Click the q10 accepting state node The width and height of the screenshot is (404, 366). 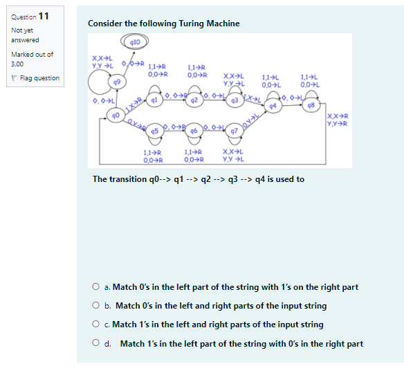pyautogui.click(x=136, y=42)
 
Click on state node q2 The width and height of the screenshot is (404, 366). pyautogui.click(x=195, y=100)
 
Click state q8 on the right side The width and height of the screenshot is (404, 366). pyautogui.click(x=313, y=105)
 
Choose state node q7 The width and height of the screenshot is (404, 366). pyautogui.click(x=234, y=130)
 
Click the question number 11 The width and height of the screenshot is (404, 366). pyautogui.click(x=44, y=16)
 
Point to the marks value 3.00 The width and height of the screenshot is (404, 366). pyautogui.click(x=19, y=64)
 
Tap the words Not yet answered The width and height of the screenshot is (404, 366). pyautogui.click(x=26, y=35)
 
